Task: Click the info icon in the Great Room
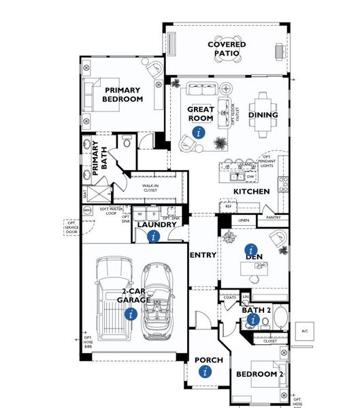198,133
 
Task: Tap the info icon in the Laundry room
153,236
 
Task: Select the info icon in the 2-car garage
131,313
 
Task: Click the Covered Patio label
227,49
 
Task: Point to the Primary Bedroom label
123,95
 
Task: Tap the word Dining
263,115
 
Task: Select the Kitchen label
252,192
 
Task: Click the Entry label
202,255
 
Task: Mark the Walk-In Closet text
155,188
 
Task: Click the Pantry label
274,218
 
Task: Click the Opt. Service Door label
71,226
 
